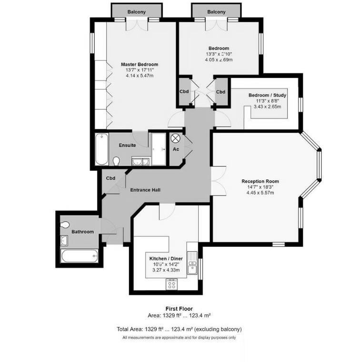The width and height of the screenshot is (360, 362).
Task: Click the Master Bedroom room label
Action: click(139, 64)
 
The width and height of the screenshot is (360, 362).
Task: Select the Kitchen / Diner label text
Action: click(163, 259)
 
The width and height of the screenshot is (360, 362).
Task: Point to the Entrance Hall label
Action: click(145, 190)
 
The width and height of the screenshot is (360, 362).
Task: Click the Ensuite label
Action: click(128, 145)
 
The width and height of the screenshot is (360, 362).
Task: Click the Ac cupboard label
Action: click(176, 149)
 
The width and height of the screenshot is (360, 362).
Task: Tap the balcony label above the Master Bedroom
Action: click(137, 11)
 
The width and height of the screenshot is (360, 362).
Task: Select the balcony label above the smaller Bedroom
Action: click(217, 11)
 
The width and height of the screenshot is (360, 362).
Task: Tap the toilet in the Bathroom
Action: click(66, 224)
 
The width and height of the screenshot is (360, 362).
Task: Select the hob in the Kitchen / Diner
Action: click(171, 284)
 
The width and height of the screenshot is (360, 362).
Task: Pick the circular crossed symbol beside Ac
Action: click(175, 138)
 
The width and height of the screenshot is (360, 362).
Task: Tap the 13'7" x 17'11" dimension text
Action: click(139, 70)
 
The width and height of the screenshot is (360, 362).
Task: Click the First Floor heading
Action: click(179, 308)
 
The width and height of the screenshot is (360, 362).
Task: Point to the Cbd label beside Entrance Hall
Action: click(110, 178)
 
